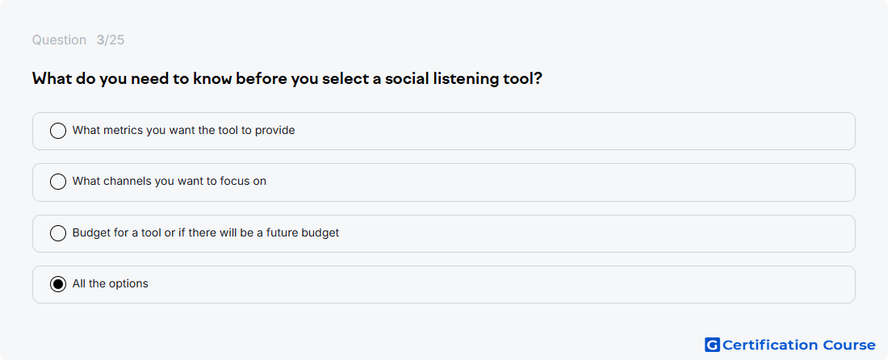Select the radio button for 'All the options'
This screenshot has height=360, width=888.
tap(58, 284)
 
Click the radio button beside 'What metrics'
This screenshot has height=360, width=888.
tap(58, 131)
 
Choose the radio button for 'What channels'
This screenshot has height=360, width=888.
tap(58, 182)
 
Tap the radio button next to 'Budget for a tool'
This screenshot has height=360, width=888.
tap(58, 233)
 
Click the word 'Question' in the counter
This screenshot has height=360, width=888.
tap(59, 40)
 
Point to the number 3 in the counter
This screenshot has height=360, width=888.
tap(100, 40)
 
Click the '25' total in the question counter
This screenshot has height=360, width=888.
tap(117, 40)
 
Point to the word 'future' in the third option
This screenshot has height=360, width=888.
tap(286, 233)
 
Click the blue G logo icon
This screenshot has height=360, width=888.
tap(712, 345)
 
